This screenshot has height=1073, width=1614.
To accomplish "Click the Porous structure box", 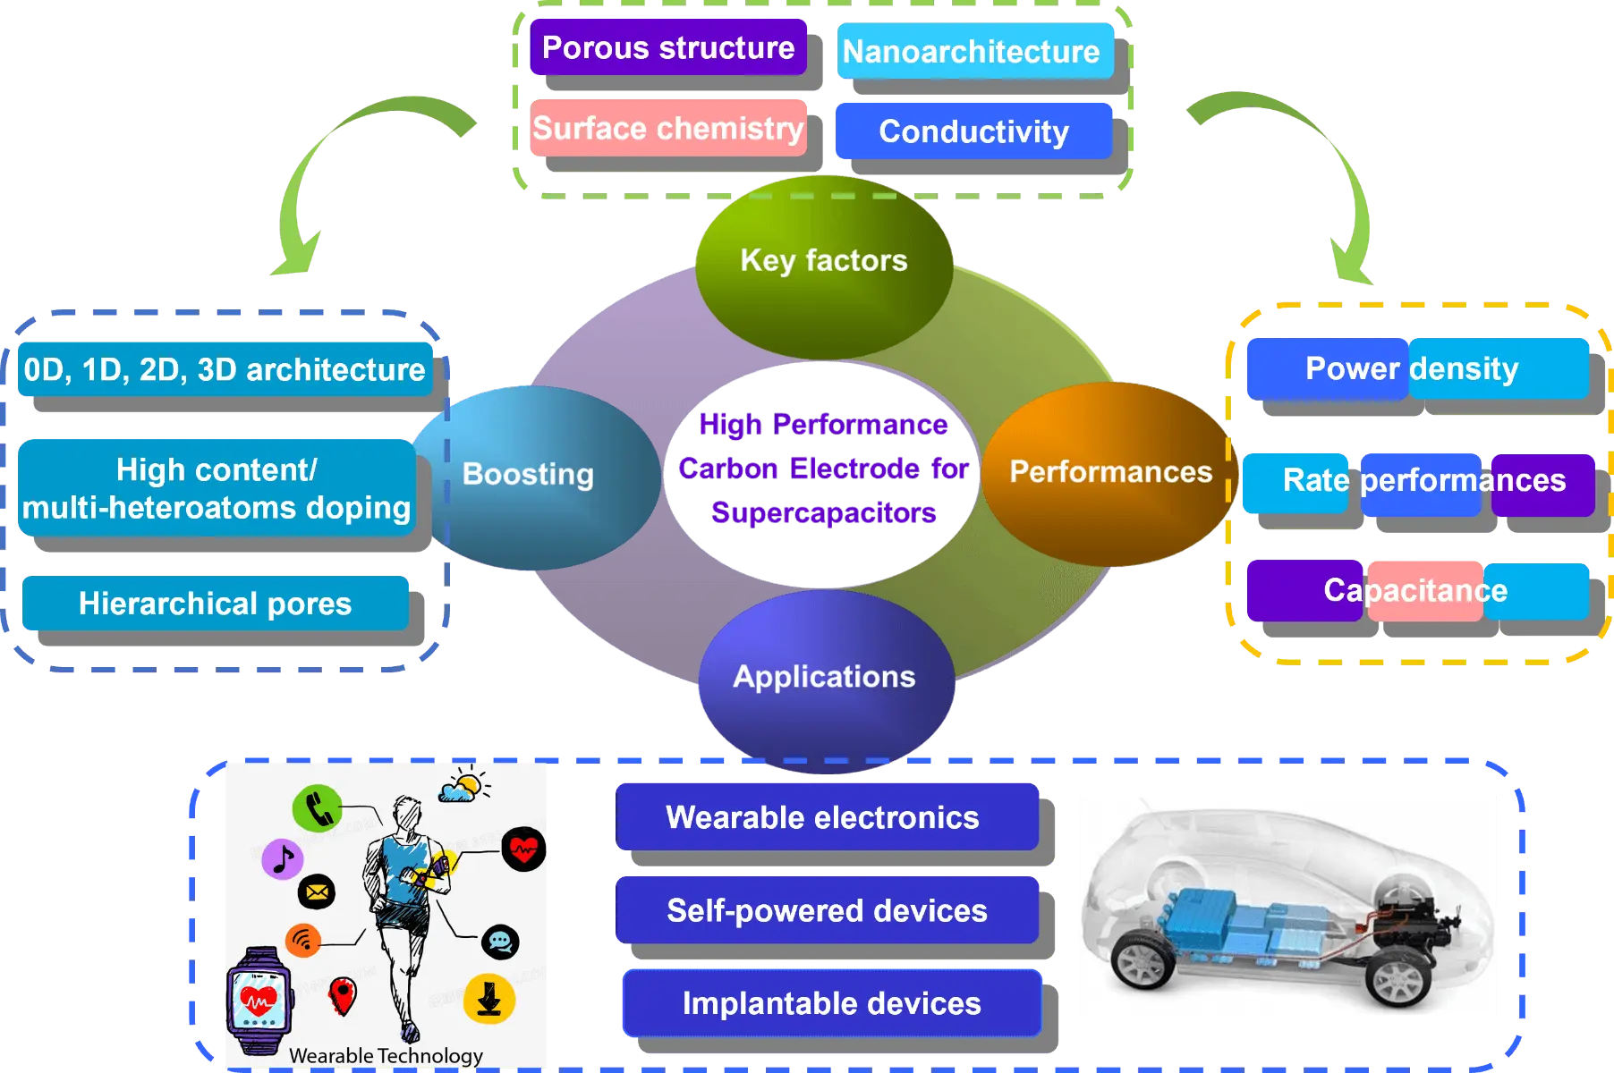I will (668, 47).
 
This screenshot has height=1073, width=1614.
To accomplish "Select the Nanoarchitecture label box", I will (974, 52).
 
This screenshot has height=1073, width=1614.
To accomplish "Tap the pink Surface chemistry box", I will (668, 129).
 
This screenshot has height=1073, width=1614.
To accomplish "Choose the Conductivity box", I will (973, 131).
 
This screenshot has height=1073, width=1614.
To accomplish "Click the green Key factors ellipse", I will (823, 261).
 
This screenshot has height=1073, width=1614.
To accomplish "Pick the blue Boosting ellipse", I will (530, 475).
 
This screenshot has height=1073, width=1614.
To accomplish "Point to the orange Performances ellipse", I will (1109, 472).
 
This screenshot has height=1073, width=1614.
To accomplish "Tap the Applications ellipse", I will (824, 677).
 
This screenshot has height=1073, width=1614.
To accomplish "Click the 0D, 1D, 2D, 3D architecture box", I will (225, 369).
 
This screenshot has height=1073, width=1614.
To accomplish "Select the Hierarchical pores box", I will (215, 604).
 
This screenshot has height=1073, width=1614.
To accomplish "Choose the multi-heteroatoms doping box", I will (216, 488).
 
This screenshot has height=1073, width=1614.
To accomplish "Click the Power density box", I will (1415, 368).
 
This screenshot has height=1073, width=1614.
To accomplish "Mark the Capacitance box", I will (1415, 590).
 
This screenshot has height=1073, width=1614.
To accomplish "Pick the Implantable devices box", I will (832, 1003).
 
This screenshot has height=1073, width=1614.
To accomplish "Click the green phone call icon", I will (317, 808).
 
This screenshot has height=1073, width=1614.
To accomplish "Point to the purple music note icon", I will (283, 859).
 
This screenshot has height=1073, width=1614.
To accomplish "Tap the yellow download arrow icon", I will (489, 998).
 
